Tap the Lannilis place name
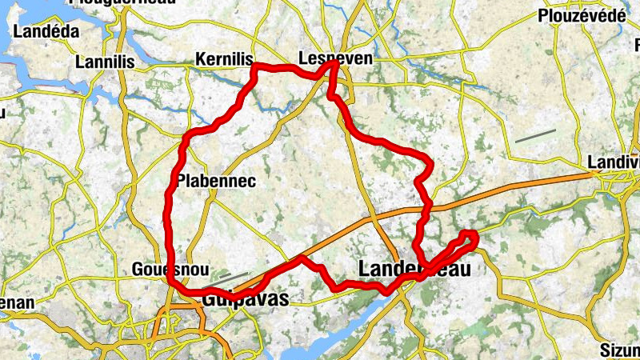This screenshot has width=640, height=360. [103, 62]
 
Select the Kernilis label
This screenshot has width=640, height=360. [224, 60]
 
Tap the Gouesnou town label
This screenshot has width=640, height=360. [164, 269]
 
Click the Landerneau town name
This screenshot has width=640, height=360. [414, 269]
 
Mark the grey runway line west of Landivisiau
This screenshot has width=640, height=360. [535, 136]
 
